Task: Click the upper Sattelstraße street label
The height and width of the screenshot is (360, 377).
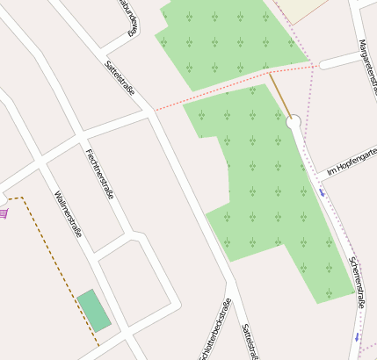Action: tap(119, 76)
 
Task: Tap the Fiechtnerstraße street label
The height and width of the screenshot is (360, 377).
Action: tap(99, 173)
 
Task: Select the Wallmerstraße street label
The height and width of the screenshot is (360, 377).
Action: tap(68, 214)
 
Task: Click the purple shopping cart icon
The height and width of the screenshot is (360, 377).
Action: tap(4, 212)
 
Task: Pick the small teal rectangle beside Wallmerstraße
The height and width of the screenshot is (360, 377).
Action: tap(94, 311)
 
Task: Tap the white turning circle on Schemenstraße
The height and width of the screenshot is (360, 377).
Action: tap(294, 123)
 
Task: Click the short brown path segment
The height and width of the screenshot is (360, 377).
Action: tap(279, 94)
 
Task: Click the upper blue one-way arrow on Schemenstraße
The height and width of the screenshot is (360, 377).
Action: tap(323, 190)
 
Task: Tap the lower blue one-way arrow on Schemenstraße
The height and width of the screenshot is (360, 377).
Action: tap(357, 336)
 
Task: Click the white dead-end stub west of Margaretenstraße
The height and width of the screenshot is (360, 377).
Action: tap(338, 61)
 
